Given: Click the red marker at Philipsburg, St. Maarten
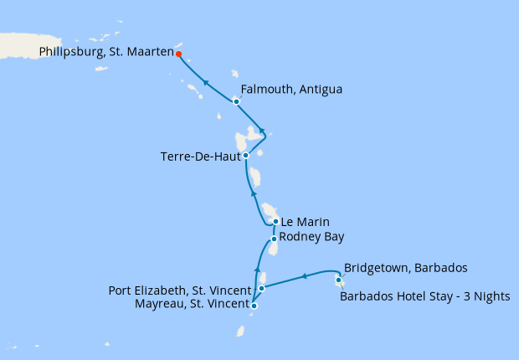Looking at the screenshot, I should (179, 54).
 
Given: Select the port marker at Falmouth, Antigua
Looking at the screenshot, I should (236, 101).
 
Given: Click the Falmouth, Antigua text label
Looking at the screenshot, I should (291, 90).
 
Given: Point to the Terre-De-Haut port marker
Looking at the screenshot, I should (245, 155).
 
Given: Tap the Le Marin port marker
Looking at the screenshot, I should (275, 222).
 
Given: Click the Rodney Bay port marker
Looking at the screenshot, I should (273, 239).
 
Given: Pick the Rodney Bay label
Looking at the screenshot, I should (311, 237).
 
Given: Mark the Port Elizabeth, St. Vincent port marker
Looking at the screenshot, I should (262, 288).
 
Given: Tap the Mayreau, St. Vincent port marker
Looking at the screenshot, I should (254, 306).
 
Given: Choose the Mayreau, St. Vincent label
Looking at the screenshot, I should (192, 304).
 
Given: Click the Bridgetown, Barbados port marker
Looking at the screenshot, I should (338, 280).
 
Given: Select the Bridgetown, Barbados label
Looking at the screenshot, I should (405, 268).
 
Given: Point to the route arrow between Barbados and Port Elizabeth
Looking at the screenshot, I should (305, 275).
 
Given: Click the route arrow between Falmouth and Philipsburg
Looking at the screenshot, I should (205, 82).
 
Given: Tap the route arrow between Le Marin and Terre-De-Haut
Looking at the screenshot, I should (254, 193).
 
